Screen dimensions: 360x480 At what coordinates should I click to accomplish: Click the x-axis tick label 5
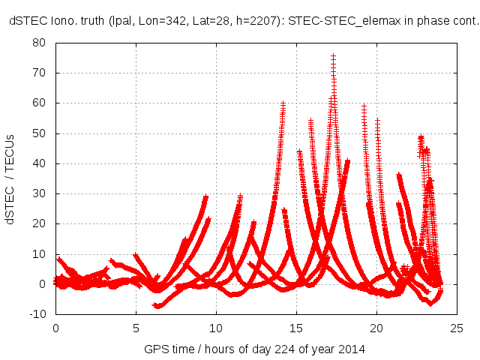point(136,328)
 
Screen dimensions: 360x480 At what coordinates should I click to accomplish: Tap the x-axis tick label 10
point(216,328)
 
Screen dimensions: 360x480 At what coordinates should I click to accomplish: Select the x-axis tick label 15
point(296,328)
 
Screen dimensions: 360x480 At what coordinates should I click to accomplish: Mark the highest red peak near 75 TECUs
point(333,56)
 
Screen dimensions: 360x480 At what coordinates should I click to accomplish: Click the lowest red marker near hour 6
point(156,306)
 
